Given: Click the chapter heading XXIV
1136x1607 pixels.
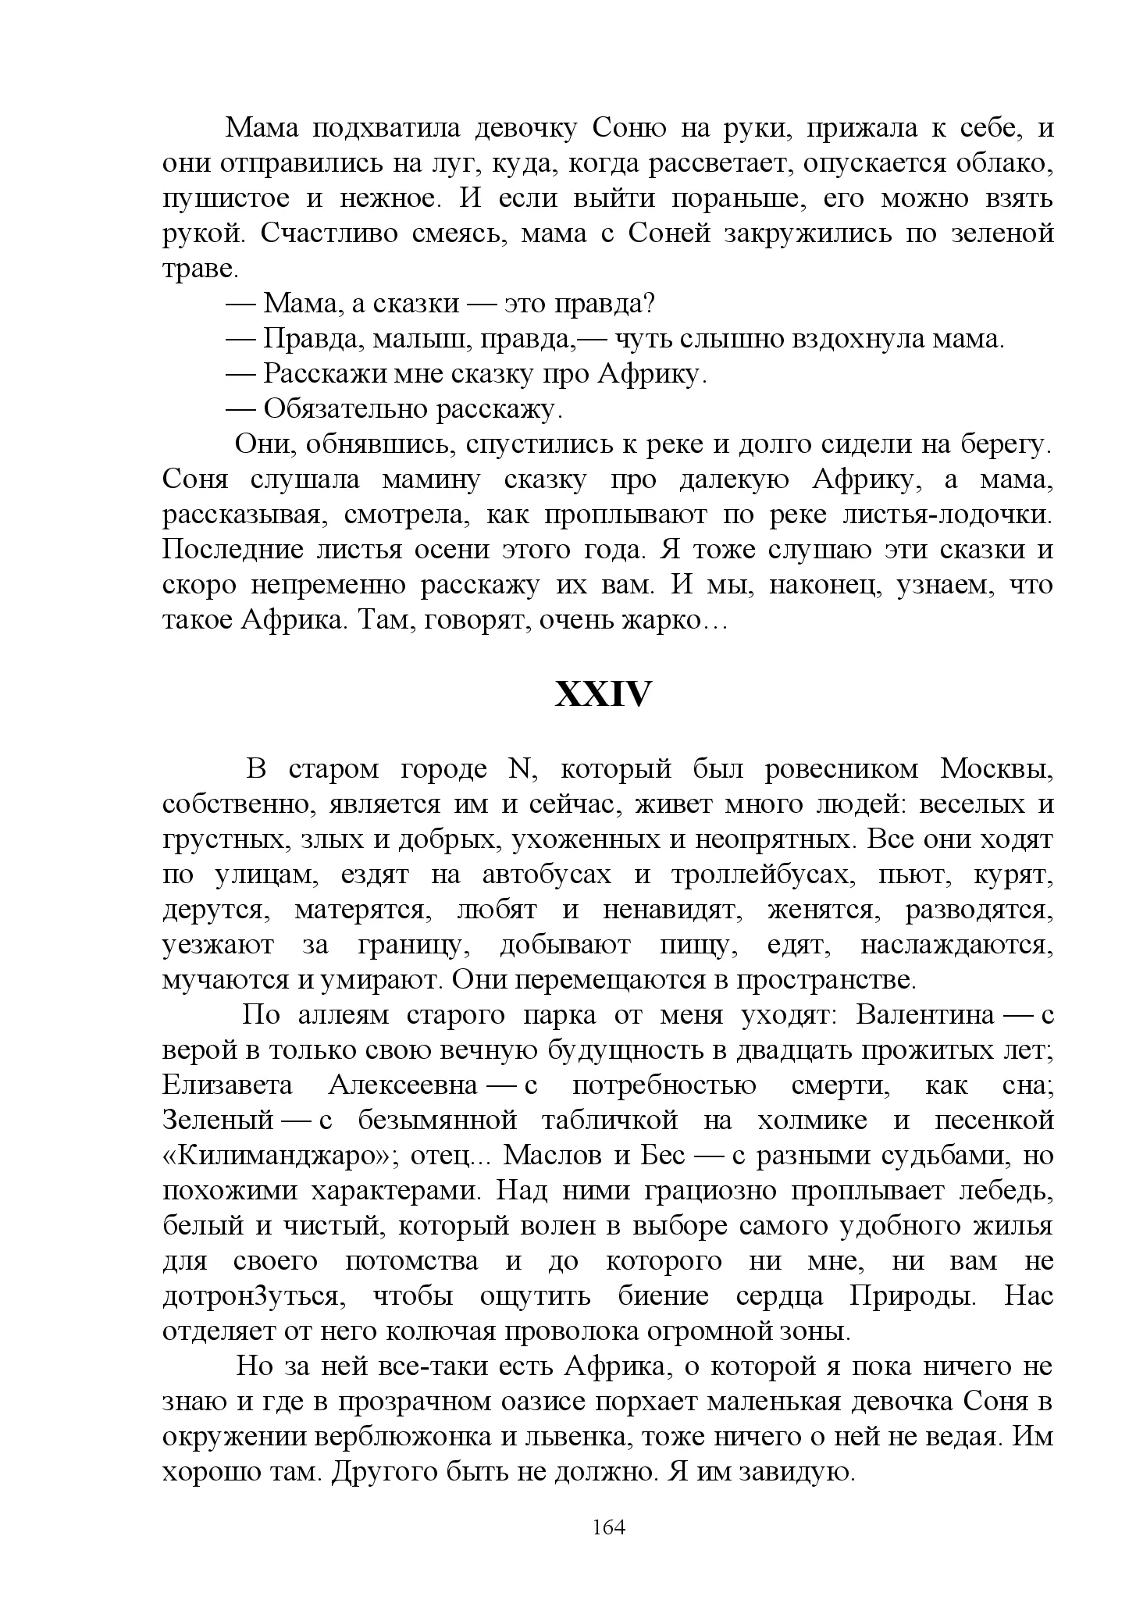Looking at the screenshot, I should click(x=602, y=694).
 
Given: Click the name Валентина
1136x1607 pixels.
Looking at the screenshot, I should click(x=925, y=1015).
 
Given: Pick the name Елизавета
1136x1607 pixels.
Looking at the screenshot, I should click(x=228, y=1085).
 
